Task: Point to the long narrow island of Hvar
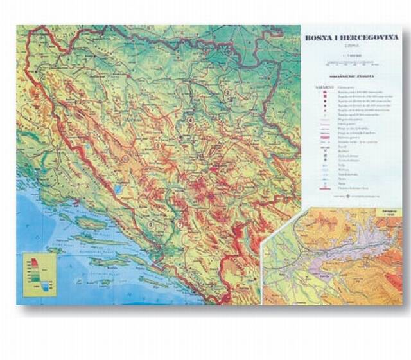click(x=96, y=239)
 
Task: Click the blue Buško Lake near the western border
click(x=119, y=190)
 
